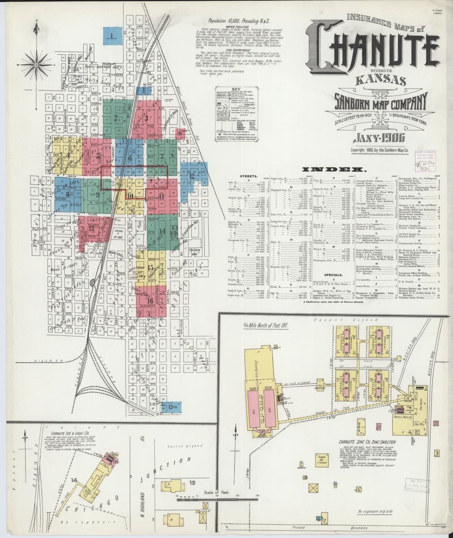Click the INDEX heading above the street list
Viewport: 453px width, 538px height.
pyautogui.click(x=332, y=169)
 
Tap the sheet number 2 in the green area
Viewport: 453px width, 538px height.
pyautogui.click(x=116, y=119)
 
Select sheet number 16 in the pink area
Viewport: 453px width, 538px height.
pyautogui.click(x=150, y=300)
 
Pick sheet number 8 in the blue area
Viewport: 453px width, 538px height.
pyautogui.click(x=68, y=194)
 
